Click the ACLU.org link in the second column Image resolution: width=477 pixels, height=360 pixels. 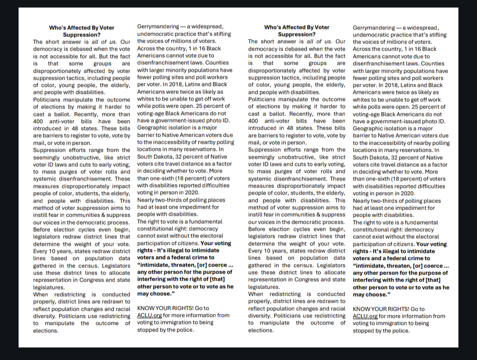(x=150, y=315)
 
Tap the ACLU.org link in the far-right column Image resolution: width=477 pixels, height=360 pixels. (x=365, y=316)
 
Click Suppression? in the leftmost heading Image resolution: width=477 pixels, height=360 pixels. (x=82, y=34)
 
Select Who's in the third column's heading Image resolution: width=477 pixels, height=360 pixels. (x=272, y=27)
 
